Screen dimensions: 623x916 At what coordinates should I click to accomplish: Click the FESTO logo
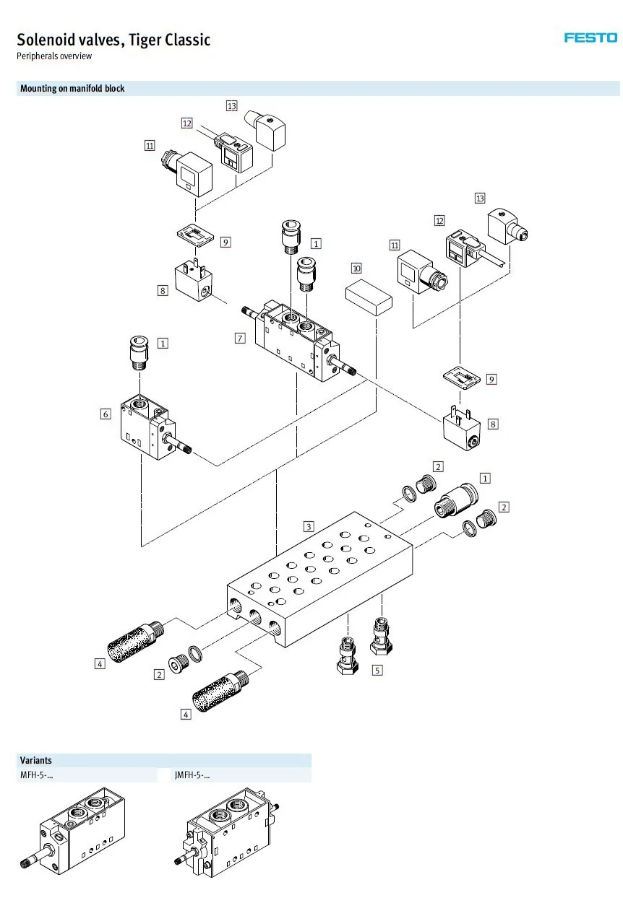point(590,38)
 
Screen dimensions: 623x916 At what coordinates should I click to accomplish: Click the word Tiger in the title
point(145,40)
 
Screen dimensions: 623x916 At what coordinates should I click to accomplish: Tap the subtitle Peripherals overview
point(54,56)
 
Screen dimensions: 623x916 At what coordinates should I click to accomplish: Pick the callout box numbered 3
point(309,526)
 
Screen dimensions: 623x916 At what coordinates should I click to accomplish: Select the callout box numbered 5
point(377,670)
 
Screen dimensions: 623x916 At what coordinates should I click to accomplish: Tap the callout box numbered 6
point(106,414)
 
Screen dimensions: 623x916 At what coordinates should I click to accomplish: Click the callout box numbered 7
point(240,339)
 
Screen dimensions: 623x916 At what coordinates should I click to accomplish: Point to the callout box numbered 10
point(356,269)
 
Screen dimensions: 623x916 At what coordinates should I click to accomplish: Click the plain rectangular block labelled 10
point(369,297)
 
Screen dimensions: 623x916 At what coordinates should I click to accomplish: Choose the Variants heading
point(36,760)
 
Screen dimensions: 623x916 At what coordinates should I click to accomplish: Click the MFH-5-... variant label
point(36,775)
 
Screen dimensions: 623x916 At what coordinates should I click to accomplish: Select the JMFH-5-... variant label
point(192,775)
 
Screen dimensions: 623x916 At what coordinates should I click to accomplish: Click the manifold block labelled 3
point(319,579)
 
